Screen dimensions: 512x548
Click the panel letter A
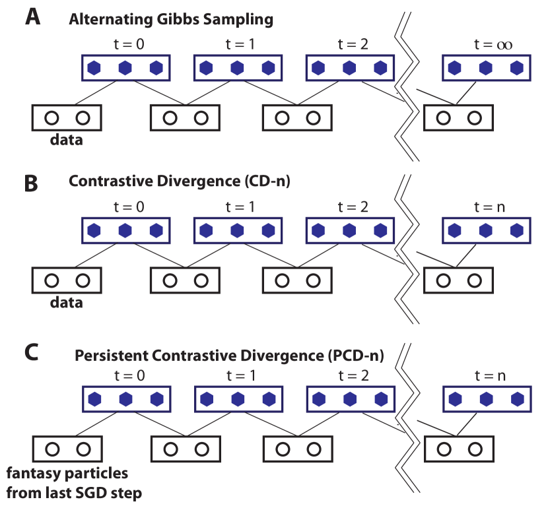(x=33, y=17)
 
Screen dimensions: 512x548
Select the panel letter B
(x=31, y=183)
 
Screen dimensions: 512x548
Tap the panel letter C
(x=31, y=352)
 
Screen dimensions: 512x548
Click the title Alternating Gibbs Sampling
(x=171, y=19)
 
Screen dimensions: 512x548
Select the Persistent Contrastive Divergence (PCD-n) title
(x=229, y=356)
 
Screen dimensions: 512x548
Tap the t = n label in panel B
(x=490, y=208)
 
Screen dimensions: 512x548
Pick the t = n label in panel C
(x=490, y=376)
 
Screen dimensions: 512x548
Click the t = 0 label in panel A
(x=125, y=45)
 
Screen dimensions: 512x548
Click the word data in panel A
(x=67, y=140)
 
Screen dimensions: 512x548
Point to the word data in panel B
(x=67, y=303)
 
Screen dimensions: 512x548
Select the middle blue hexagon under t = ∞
(x=486, y=67)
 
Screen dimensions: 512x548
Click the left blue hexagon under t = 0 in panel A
(x=94, y=67)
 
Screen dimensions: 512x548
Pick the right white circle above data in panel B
(x=83, y=280)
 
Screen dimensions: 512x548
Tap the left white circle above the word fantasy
(x=51, y=449)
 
